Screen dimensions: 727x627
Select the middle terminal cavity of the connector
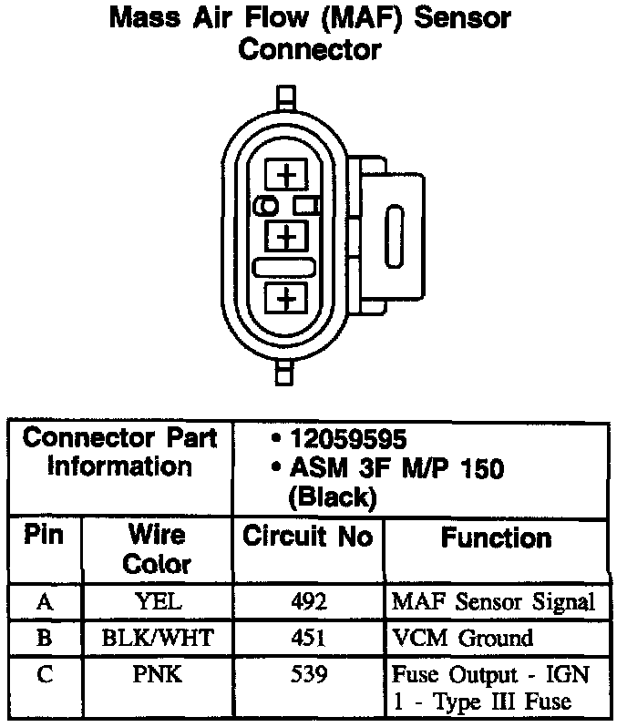tap(287, 237)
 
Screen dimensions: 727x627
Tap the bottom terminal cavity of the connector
tap(287, 298)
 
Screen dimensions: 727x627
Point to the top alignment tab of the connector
tap(287, 97)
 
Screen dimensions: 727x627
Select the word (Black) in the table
tap(331, 497)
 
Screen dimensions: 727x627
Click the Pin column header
tap(44, 536)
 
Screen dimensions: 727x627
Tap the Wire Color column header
tap(156, 549)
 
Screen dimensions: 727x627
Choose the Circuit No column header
tap(307, 538)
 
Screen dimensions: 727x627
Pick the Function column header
tap(496, 538)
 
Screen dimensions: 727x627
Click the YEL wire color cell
tap(157, 603)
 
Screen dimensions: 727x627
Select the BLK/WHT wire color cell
tap(157, 639)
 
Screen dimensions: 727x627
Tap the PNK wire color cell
tap(157, 676)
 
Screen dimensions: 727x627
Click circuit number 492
tap(308, 603)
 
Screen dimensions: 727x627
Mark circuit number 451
tap(308, 639)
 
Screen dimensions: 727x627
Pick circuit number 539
tap(308, 676)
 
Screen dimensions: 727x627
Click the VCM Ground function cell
tap(462, 639)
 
